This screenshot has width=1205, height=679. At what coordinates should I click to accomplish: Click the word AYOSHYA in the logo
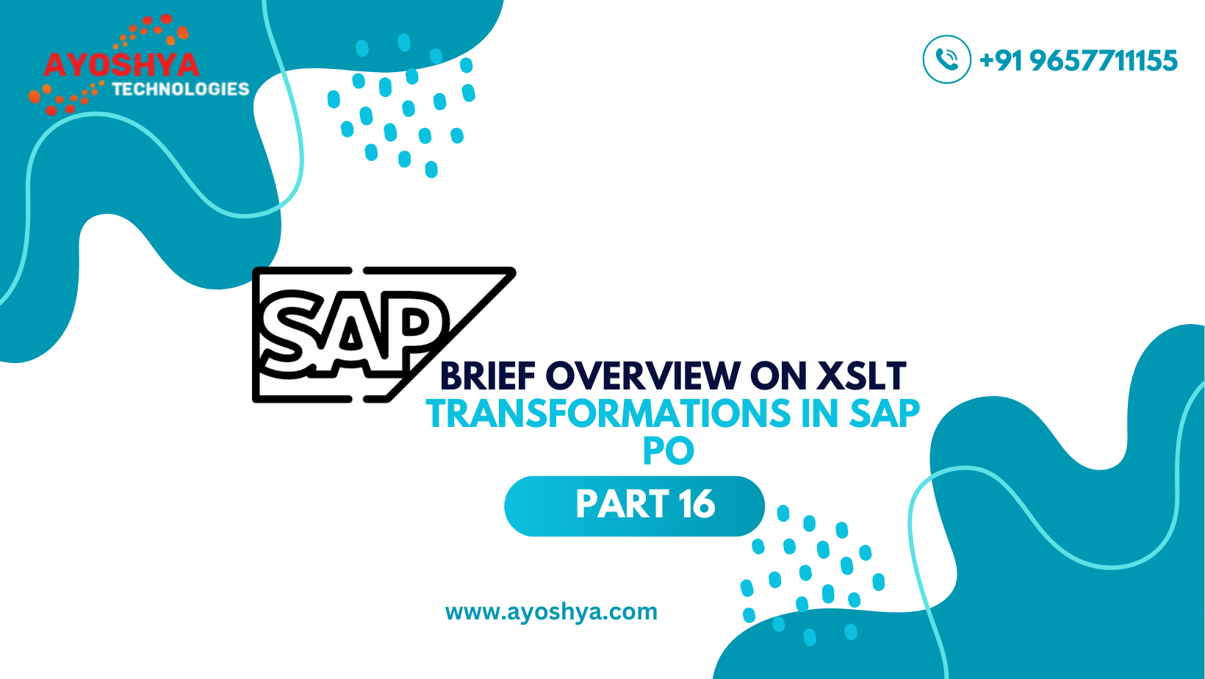point(121,65)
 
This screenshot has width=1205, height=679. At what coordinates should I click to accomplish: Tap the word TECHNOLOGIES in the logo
point(181,90)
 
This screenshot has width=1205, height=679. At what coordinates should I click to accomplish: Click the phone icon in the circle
point(947,60)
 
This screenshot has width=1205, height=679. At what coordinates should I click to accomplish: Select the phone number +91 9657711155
point(1079,60)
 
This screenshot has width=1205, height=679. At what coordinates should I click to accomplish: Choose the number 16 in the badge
point(697,504)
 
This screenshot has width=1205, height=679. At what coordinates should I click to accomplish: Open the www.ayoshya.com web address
point(551,612)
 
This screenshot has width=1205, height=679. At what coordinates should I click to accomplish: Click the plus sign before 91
point(987,60)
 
